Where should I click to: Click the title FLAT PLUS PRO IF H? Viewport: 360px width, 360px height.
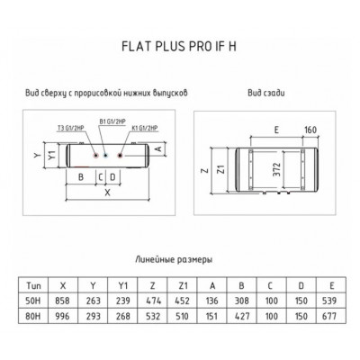179,47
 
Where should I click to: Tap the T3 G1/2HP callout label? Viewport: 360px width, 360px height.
70,129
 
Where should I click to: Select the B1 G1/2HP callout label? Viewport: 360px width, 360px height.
112,121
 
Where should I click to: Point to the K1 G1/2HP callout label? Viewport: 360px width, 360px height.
145,129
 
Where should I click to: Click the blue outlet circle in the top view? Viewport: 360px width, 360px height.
105,156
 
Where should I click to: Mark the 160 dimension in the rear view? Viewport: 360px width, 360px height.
310,130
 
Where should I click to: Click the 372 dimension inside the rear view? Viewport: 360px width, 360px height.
277,169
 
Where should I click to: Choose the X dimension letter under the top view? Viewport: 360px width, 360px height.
107,193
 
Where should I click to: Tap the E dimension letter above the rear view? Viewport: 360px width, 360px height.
276,130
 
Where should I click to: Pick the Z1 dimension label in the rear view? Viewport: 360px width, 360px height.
221,169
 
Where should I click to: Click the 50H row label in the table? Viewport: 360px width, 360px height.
33,301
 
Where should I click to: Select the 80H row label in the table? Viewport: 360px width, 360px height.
33,316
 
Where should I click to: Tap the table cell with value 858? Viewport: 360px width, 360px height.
62,301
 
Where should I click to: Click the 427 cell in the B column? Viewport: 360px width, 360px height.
242,316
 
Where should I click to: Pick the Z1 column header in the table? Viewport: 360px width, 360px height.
183,285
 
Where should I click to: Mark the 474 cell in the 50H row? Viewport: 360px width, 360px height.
153,301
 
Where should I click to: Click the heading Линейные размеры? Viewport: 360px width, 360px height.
174,259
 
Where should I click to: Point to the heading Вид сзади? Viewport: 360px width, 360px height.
266,93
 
